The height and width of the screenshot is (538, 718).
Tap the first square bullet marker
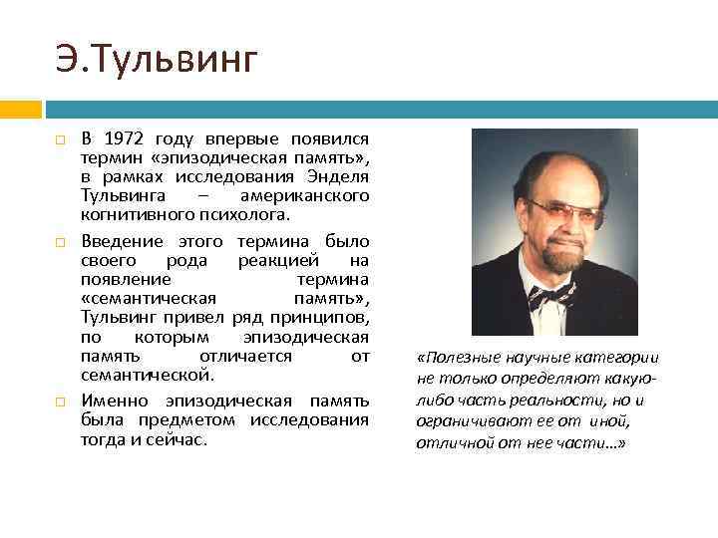62,139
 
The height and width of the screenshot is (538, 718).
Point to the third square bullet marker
62,402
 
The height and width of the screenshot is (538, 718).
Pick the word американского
304,196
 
